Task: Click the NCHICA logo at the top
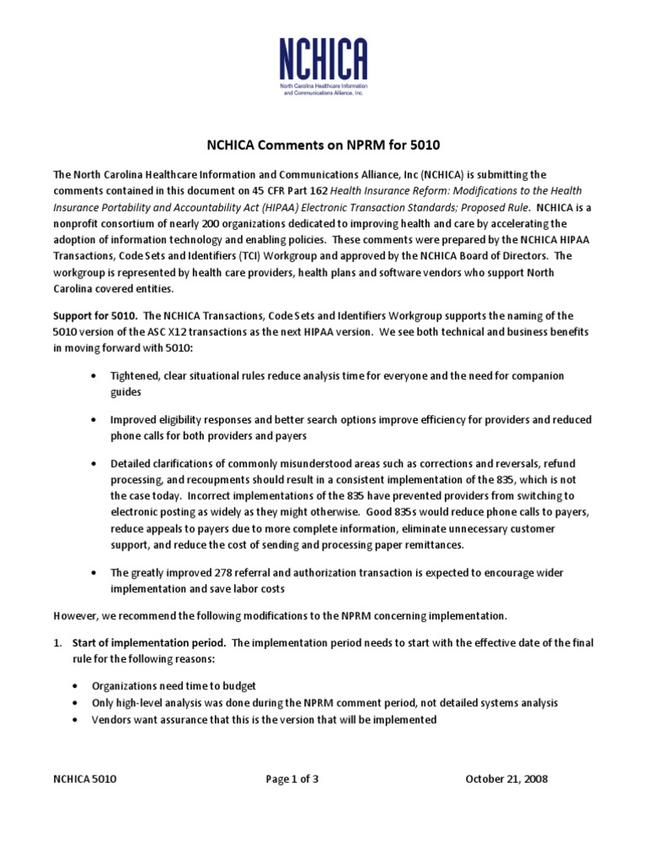(x=323, y=66)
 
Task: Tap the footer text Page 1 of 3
(x=292, y=779)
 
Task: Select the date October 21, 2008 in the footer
(x=506, y=779)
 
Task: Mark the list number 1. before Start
(x=57, y=642)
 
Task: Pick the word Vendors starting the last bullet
(x=111, y=720)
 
